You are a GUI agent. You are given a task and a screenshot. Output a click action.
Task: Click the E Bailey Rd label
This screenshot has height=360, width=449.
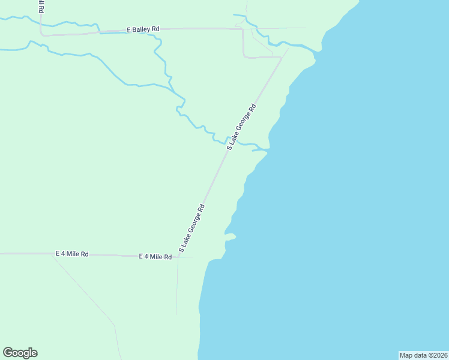click(143, 29)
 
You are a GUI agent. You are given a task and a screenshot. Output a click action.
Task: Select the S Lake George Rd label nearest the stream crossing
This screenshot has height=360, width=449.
click(241, 126)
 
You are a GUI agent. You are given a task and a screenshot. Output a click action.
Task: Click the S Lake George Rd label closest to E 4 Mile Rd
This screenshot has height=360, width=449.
click(192, 227)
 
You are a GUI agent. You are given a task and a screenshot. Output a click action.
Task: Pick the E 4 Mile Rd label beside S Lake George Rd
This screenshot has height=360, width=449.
click(155, 256)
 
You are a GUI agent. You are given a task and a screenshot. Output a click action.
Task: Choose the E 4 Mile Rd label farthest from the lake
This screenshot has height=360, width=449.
click(72, 254)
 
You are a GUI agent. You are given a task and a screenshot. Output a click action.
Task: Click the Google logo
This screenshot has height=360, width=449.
click(20, 353)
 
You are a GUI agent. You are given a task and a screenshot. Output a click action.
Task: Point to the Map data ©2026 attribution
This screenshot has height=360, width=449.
click(424, 355)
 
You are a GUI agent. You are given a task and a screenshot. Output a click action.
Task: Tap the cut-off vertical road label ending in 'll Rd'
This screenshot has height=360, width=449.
click(42, 7)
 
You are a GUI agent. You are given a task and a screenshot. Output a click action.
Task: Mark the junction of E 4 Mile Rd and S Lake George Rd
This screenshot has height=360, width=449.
click(179, 256)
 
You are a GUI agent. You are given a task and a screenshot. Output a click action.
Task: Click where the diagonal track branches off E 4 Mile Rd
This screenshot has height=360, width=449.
click(54, 254)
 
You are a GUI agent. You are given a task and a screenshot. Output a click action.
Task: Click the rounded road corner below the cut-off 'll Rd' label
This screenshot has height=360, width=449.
click(42, 34)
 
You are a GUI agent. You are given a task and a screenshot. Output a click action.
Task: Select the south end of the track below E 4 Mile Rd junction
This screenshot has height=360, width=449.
click(176, 313)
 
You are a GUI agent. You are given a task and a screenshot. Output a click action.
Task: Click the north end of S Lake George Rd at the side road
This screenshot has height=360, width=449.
click(282, 58)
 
